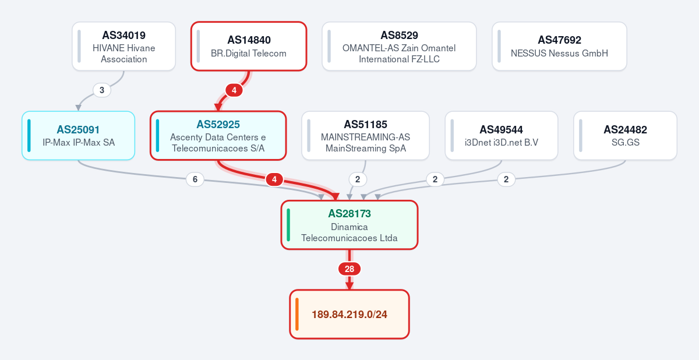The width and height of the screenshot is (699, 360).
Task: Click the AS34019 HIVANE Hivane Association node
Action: click(124, 46)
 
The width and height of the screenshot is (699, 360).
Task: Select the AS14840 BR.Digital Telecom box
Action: click(249, 46)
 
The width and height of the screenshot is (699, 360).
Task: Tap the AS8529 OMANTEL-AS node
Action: click(399, 46)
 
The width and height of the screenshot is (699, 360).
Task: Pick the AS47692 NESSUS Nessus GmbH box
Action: click(559, 46)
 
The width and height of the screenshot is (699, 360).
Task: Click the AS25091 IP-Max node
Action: click(78, 135)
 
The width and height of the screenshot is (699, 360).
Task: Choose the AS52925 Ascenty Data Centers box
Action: click(218, 135)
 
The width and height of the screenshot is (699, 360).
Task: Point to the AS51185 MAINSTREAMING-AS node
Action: click(365, 135)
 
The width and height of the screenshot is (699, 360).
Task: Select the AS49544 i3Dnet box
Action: click(501, 135)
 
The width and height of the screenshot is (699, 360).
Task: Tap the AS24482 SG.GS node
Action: click(626, 135)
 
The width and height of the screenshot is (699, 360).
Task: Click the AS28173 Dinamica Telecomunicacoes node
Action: click(349, 225)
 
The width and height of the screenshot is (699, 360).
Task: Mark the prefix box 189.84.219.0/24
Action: click(349, 314)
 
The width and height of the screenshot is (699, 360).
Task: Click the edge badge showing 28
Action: click(349, 269)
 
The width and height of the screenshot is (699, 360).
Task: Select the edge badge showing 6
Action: click(195, 179)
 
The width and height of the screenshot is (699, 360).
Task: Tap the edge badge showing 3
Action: click(102, 90)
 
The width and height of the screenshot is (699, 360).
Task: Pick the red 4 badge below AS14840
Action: click(234, 90)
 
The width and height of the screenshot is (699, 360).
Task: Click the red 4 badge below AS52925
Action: click(274, 179)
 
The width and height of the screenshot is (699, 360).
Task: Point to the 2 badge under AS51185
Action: click(358, 179)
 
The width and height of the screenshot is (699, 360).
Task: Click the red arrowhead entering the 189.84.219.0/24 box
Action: click(349, 285)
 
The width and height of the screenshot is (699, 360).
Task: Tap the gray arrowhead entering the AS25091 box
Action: click(78, 108)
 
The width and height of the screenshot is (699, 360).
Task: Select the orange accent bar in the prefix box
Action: click(296, 314)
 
